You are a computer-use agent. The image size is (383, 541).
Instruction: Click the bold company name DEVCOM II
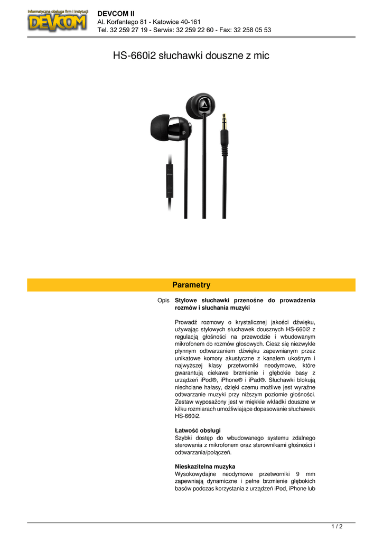116,13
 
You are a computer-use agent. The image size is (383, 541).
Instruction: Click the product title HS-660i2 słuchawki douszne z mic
191,55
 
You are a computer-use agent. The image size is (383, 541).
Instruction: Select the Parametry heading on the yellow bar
191,285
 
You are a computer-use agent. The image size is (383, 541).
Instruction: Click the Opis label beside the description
163,301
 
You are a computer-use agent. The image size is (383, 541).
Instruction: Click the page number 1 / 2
337,526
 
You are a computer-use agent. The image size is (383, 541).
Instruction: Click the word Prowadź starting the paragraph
186,322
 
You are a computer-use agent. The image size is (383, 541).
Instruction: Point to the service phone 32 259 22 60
193,30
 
